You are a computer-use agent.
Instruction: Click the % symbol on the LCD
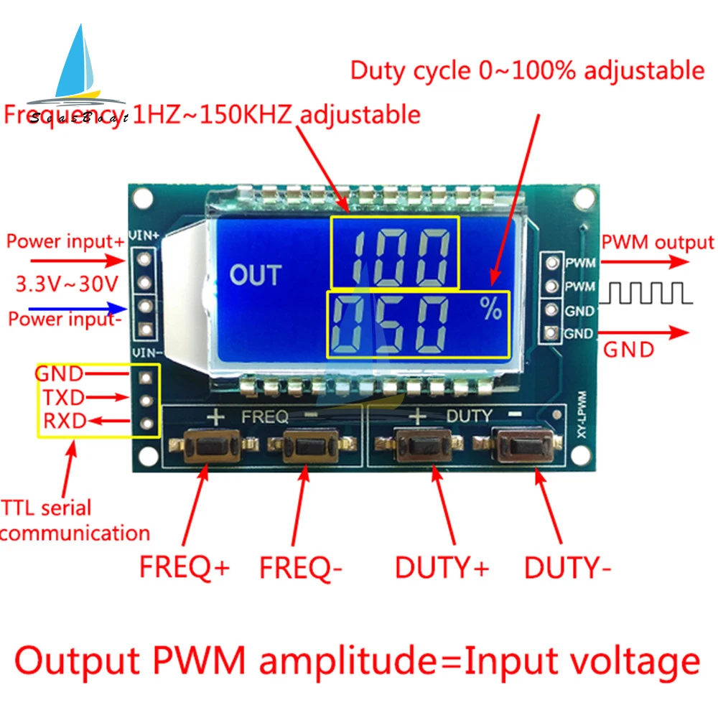492,310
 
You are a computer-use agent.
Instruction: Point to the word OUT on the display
255,275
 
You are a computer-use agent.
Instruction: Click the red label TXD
63,397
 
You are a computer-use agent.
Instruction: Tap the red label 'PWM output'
658,243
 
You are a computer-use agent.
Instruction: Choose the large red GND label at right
628,350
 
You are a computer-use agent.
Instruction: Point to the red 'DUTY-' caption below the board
567,568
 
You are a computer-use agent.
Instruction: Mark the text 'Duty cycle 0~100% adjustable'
527,70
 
